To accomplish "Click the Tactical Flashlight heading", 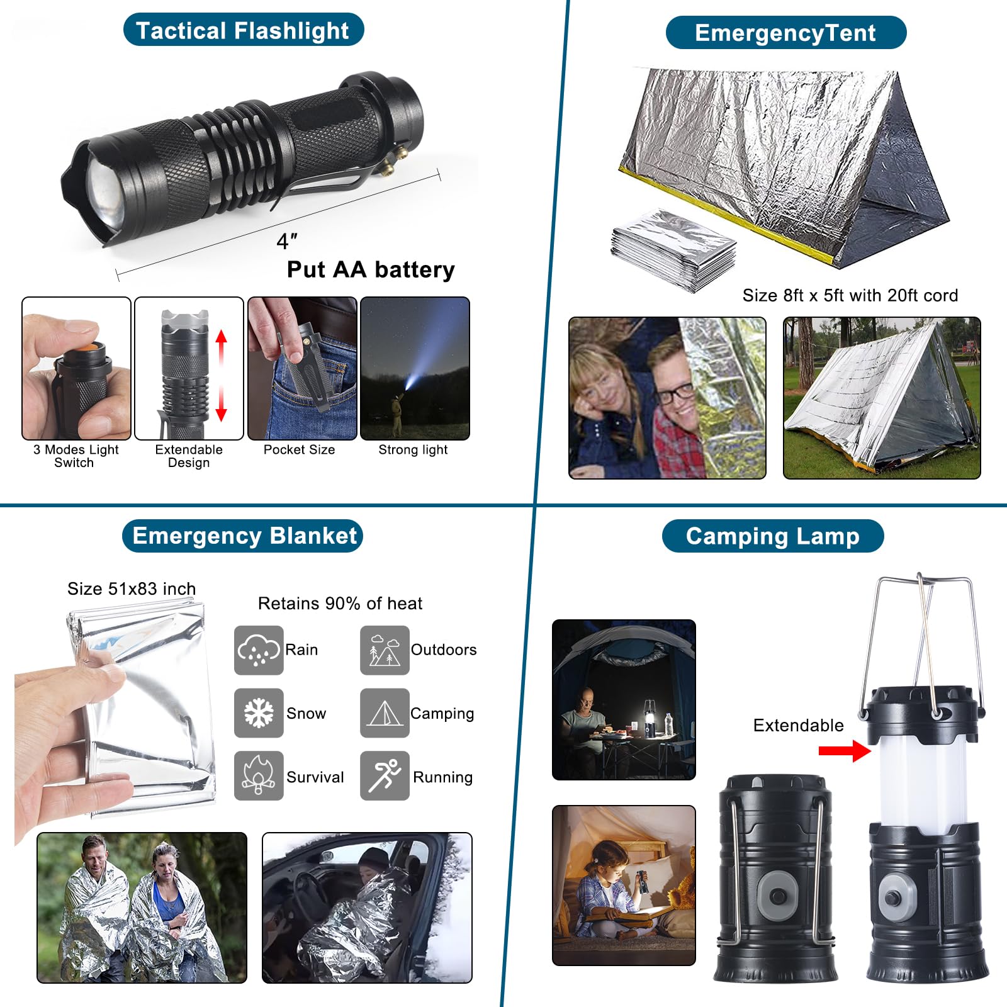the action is click(x=243, y=30).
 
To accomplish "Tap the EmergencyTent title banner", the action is click(x=785, y=33).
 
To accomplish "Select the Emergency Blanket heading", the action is click(x=243, y=536).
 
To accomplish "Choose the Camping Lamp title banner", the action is click(x=773, y=536).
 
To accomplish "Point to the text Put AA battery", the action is click(x=371, y=269).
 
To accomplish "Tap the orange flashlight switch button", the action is click(x=86, y=348).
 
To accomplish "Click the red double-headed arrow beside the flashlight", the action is click(x=221, y=375).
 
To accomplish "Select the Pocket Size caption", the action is click(x=300, y=450).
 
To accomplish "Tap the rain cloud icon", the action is click(x=259, y=650).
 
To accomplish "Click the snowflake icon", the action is click(x=259, y=713).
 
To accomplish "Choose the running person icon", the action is click(x=385, y=776).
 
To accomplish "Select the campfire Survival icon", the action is click(x=259, y=776).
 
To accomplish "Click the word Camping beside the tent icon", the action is click(x=442, y=714).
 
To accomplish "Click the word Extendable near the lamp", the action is click(x=799, y=726).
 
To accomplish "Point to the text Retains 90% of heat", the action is click(x=340, y=604).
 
